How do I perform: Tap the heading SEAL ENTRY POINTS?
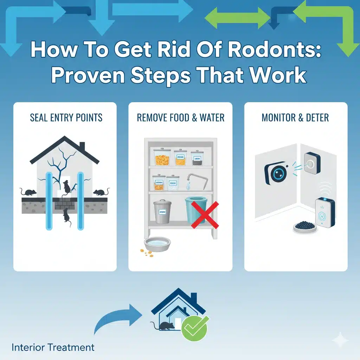[66, 117]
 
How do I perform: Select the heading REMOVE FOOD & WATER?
[180, 117]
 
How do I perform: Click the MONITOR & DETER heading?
[295, 117]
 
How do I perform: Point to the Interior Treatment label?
[53, 348]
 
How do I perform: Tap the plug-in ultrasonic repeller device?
[325, 212]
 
